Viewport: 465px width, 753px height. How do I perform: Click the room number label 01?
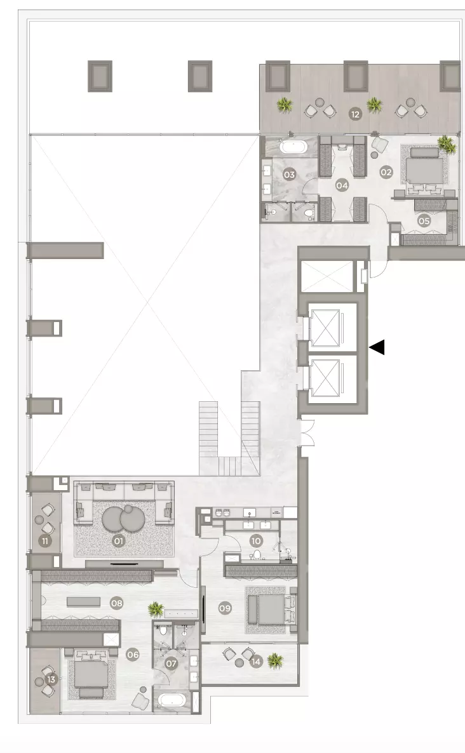pyautogui.click(x=118, y=541)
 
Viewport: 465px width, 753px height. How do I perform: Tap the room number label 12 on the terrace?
pyautogui.click(x=355, y=114)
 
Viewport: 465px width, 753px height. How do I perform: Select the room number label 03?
pyautogui.click(x=289, y=175)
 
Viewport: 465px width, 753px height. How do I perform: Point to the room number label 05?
pyautogui.click(x=424, y=221)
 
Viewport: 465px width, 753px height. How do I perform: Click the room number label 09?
pyautogui.click(x=225, y=608)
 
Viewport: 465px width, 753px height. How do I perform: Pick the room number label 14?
pyautogui.click(x=256, y=662)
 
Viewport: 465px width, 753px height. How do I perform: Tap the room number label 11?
pyautogui.click(x=44, y=541)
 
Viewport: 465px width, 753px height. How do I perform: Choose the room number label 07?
pyautogui.click(x=171, y=663)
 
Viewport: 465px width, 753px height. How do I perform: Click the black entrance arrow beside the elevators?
pyautogui.click(x=377, y=347)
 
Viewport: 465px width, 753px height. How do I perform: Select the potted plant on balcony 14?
pyautogui.click(x=275, y=661)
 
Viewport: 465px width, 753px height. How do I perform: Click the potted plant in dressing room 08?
pyautogui.click(x=156, y=609)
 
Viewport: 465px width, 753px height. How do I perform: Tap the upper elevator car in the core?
pyautogui.click(x=325, y=328)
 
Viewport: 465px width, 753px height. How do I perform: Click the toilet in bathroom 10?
pyautogui.click(x=257, y=555)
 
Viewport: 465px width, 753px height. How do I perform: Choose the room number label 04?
pyautogui.click(x=342, y=185)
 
